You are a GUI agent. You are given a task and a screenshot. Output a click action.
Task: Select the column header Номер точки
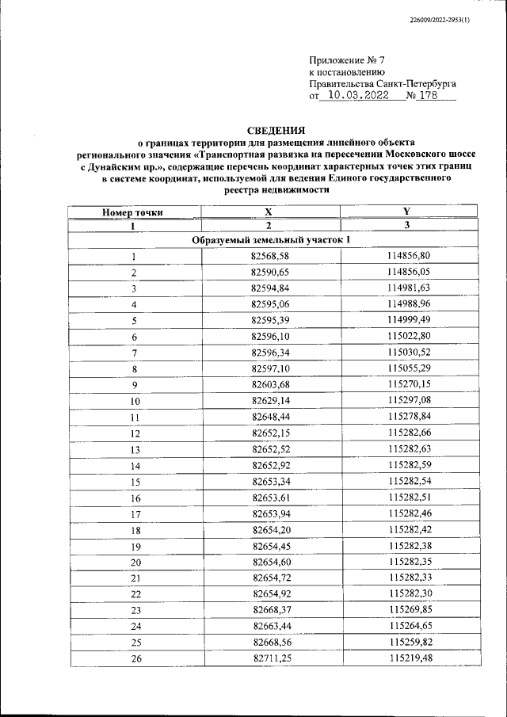pos(133,212)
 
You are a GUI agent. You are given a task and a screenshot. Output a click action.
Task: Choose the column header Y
pos(407,212)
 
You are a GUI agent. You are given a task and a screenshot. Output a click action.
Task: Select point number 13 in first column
pos(135,449)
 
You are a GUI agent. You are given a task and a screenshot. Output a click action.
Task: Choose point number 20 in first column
pos(135,563)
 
